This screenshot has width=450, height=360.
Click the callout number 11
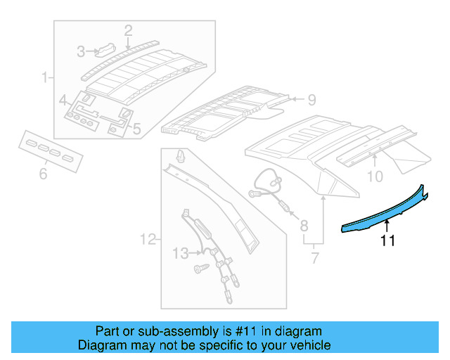387,240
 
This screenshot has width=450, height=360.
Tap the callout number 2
128,30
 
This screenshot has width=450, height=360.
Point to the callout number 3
82,51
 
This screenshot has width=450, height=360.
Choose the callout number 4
63,99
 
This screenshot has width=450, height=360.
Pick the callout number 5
136,129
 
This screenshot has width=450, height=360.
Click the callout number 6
43,172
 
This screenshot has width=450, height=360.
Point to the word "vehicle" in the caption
307,345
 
